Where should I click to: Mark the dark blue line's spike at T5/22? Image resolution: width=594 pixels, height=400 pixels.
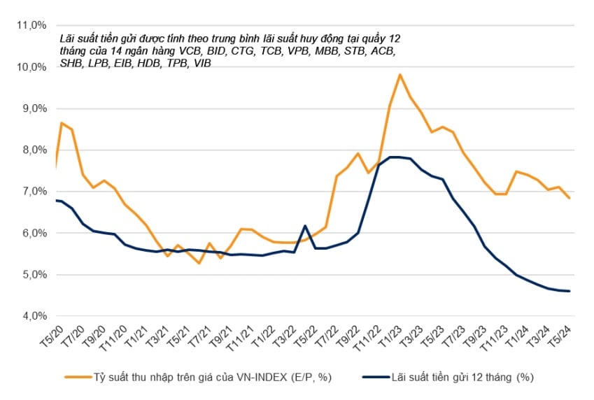pos(304,226)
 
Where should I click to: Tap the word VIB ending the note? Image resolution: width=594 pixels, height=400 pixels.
pos(201,64)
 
